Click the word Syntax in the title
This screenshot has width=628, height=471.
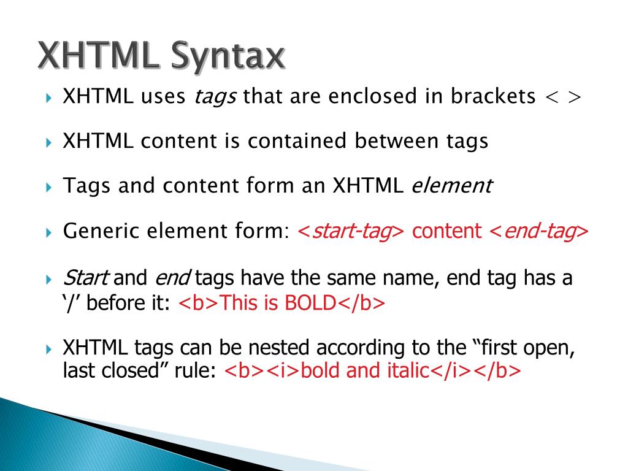coord(228,56)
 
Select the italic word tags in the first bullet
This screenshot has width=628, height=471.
coord(215,97)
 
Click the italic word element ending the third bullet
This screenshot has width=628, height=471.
coord(451,186)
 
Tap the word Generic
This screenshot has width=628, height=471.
coord(102,231)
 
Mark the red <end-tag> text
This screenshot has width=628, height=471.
coord(538,231)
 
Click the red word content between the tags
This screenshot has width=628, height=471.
coord(447,231)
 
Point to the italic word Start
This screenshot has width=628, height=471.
coord(86,279)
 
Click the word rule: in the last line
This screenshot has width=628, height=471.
coord(196,371)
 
